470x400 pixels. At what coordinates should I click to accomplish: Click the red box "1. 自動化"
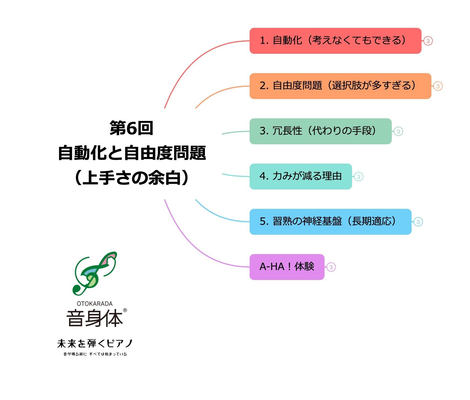335,41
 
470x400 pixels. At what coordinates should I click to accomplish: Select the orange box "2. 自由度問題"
340,86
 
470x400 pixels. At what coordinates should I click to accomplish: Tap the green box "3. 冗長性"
320,131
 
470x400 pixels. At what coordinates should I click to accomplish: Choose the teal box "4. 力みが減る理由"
300,177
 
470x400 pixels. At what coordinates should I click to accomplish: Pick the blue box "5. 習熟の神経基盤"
330,222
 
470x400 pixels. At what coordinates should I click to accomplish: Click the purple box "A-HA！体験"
287,267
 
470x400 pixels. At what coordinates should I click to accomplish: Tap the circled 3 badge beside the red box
428,41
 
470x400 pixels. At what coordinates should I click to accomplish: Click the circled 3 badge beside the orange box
438,86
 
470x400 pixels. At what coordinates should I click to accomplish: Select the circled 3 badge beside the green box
398,132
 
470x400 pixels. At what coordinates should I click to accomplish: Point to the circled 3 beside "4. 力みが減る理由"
358,177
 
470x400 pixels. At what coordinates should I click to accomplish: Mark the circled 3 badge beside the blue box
418,222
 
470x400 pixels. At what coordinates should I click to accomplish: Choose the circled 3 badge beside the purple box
331,267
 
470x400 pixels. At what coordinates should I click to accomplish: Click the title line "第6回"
131,128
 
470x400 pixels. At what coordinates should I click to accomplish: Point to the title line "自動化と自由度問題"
132,153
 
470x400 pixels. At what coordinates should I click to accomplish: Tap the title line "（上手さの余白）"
131,178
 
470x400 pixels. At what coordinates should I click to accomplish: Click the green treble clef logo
94,273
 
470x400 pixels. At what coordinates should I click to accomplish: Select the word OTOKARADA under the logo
94,304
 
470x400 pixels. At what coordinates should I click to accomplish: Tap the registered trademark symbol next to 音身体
125,310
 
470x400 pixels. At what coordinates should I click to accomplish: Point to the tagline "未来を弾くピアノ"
95,343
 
